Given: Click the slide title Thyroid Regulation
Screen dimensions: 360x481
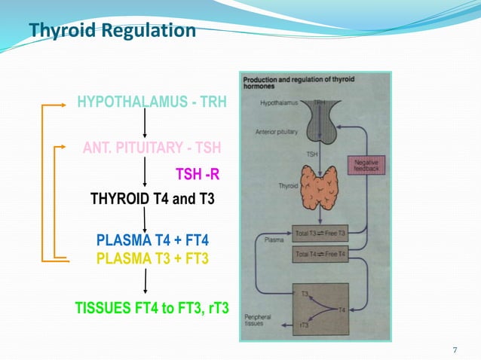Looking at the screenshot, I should click(112, 31).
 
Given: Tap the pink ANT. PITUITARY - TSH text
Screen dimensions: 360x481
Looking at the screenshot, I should click(152, 147).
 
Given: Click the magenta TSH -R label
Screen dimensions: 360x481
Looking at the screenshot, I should click(197, 175).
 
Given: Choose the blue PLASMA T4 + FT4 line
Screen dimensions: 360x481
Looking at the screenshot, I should click(152, 241).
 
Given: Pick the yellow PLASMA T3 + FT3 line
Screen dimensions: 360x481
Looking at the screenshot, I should click(152, 258).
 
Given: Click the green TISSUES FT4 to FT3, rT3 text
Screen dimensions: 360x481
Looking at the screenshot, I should click(152, 307).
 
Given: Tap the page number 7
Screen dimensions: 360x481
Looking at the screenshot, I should click(455, 349).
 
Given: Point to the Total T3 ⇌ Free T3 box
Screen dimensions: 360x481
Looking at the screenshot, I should click(320, 233).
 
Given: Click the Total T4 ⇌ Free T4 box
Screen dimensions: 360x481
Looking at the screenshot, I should click(320, 255).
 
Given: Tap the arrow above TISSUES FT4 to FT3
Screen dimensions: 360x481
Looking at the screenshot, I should click(145, 282).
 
